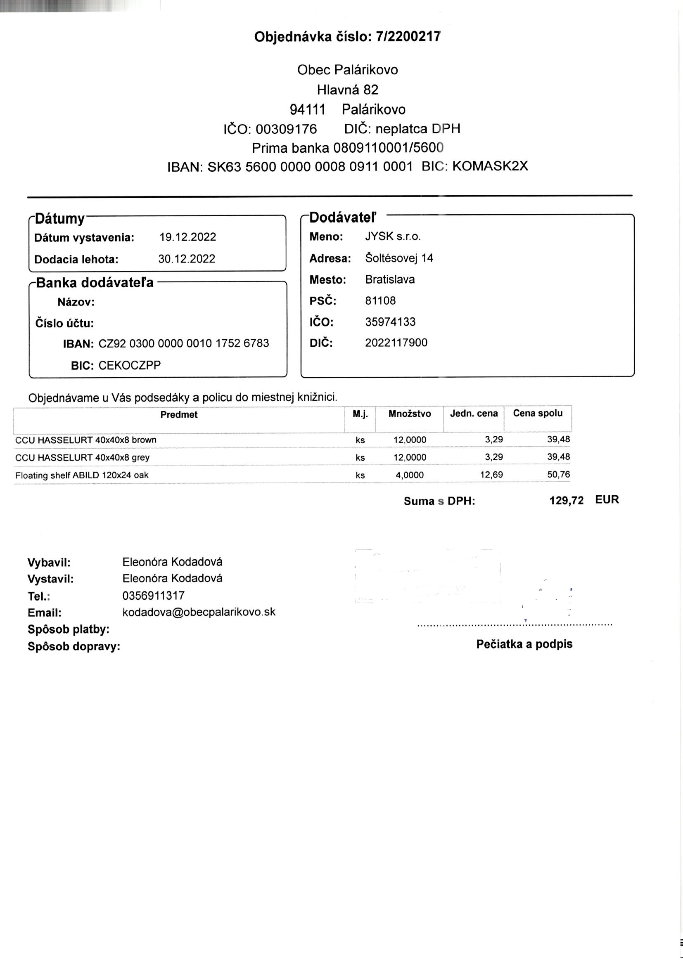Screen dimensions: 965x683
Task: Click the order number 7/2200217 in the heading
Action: pyautogui.click(x=408, y=37)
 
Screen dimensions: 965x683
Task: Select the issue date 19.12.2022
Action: pyautogui.click(x=187, y=237)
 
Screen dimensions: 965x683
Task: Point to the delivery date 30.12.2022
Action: pyautogui.click(x=187, y=259)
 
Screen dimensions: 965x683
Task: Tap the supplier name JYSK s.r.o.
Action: pyautogui.click(x=392, y=237)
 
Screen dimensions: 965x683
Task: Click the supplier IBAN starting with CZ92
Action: pyautogui.click(x=184, y=343)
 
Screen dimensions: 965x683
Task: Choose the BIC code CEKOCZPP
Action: pyautogui.click(x=130, y=365)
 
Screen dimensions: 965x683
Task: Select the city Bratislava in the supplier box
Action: pyautogui.click(x=389, y=279)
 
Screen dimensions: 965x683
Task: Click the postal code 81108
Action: pyautogui.click(x=380, y=300)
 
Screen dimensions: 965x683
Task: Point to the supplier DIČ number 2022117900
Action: pyautogui.click(x=396, y=343)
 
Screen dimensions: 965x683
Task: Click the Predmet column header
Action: pyautogui.click(x=179, y=415)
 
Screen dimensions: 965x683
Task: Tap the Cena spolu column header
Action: pyautogui.click(x=538, y=413)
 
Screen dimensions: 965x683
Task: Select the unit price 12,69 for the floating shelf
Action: pyautogui.click(x=491, y=475)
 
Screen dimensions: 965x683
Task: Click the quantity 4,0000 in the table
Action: pyautogui.click(x=409, y=475)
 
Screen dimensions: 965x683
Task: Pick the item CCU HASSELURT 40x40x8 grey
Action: pyautogui.click(x=83, y=458)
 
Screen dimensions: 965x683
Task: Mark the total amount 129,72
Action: pyautogui.click(x=566, y=501)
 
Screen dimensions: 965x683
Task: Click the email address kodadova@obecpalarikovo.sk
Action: pyautogui.click(x=199, y=612)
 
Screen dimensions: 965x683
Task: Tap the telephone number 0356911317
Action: pyautogui.click(x=154, y=596)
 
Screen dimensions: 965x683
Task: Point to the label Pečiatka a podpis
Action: pyautogui.click(x=524, y=644)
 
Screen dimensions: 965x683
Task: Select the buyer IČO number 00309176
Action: pyautogui.click(x=286, y=129)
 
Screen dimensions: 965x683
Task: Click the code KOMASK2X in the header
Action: pyautogui.click(x=490, y=166)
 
